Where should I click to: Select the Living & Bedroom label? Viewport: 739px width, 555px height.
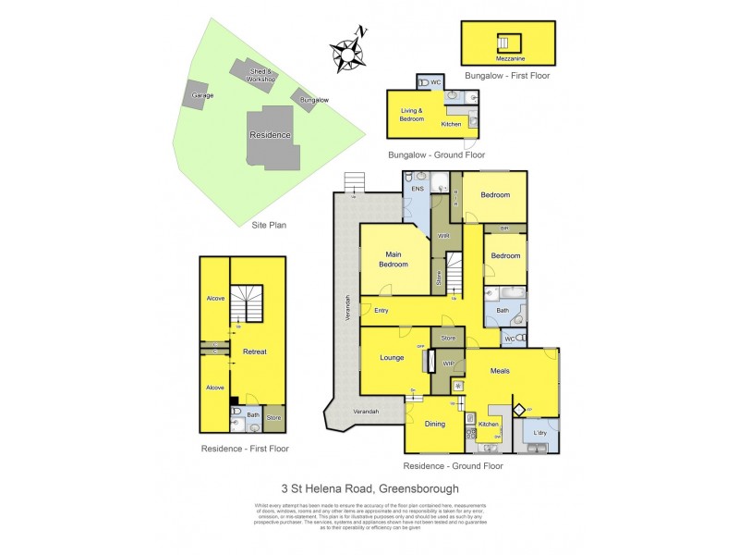(x=412, y=115)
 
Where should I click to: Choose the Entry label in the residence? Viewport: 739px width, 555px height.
(x=381, y=310)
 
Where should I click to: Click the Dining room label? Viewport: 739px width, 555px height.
(x=435, y=424)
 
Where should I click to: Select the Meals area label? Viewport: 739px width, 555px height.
(x=500, y=371)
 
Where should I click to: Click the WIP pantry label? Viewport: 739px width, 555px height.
(x=449, y=364)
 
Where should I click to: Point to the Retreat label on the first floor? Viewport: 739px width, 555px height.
(x=254, y=351)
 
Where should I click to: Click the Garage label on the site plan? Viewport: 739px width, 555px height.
(x=202, y=94)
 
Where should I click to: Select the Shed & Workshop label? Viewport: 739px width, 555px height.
(x=260, y=76)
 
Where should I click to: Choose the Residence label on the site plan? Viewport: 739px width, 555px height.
(x=270, y=135)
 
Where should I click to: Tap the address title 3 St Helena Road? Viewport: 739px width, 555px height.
(x=369, y=487)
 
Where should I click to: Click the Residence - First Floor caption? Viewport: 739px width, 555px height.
(x=245, y=448)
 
